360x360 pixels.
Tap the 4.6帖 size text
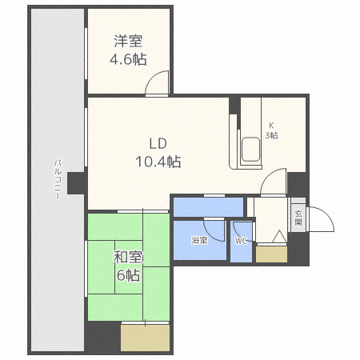coord(127,59)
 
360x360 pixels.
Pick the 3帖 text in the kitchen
coord(272,135)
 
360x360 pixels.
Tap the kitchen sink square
coord(250,150)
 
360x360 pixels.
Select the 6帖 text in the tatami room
coord(128,275)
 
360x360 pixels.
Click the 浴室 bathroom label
coord(199,240)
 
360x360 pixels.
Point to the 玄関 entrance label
coord(298,217)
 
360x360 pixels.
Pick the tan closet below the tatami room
coord(145,337)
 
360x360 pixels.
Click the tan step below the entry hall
coord(271,254)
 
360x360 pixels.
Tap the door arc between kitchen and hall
coord(273,182)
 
